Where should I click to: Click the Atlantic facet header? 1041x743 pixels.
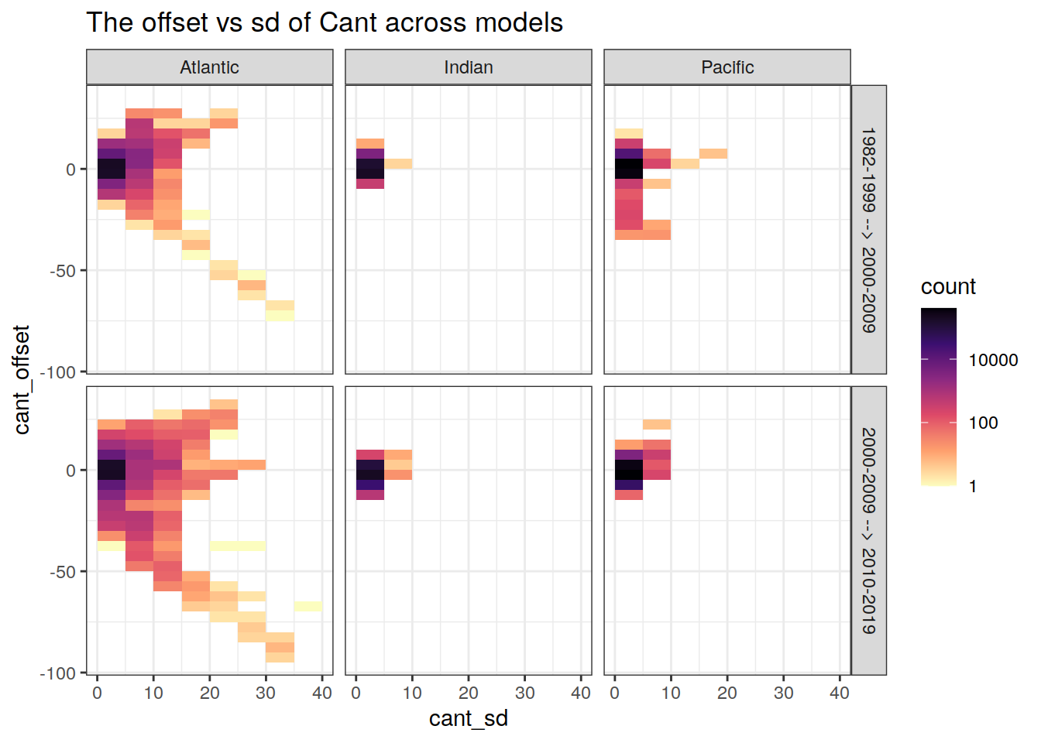(209, 67)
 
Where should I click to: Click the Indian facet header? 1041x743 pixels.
(468, 67)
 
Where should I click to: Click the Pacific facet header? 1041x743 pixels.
(727, 67)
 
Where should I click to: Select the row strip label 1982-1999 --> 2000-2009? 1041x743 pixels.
(868, 230)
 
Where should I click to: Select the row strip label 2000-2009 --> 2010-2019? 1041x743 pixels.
(868, 531)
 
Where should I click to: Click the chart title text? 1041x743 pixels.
(325, 23)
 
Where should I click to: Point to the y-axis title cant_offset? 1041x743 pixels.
(22, 379)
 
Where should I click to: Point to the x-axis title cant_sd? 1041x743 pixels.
(468, 718)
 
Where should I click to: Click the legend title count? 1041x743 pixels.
(948, 287)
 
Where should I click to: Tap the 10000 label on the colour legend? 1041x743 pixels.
(993, 360)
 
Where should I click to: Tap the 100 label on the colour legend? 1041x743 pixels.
(983, 423)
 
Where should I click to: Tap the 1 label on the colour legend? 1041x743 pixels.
(973, 486)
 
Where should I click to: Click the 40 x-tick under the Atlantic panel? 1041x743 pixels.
(321, 693)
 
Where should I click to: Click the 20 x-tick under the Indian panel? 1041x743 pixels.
(468, 693)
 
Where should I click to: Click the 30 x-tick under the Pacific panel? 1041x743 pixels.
(783, 693)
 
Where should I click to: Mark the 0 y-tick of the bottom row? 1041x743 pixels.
(70, 471)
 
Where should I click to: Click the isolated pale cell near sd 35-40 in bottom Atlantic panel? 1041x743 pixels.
(307, 606)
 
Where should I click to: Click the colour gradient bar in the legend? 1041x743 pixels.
(938, 396)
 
